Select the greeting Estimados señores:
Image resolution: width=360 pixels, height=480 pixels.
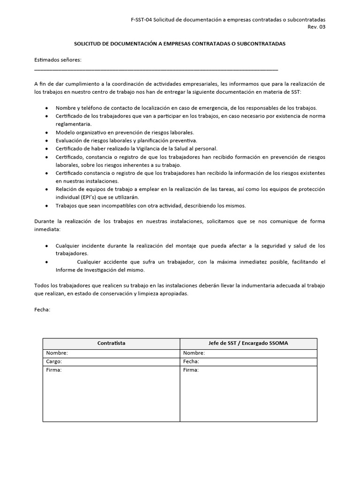(x=58, y=60)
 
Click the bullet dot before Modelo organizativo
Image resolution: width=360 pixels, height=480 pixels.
(x=46, y=133)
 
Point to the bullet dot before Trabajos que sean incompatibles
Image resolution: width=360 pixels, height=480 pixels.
(x=46, y=206)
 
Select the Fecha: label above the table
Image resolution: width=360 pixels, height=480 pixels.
(x=43, y=310)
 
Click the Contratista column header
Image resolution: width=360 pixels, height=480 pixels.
(x=111, y=343)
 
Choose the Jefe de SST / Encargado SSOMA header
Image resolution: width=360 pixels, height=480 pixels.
(x=248, y=343)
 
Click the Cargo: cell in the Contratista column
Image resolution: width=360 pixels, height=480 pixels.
(x=54, y=361)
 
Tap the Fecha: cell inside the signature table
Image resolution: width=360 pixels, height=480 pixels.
(x=191, y=361)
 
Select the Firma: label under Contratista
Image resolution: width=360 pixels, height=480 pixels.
(x=54, y=370)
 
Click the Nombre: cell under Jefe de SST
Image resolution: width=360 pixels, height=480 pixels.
(x=194, y=353)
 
